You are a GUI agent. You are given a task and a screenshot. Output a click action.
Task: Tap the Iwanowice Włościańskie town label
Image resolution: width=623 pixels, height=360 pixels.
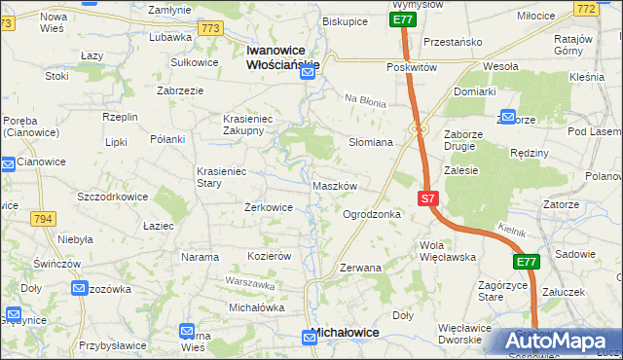[x=283, y=57]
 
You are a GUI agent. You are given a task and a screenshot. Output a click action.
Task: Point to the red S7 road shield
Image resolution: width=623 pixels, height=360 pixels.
[x=428, y=198]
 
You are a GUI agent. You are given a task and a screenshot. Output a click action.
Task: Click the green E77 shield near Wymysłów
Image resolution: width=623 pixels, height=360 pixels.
[x=404, y=18]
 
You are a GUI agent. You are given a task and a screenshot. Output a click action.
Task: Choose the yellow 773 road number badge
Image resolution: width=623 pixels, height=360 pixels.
[x=209, y=29]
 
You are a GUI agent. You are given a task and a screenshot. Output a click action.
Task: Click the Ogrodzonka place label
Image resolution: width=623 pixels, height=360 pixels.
[x=372, y=214]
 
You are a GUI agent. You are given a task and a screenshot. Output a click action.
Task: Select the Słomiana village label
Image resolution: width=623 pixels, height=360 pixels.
[x=371, y=142]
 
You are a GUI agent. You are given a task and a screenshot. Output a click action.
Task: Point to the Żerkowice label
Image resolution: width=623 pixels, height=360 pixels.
[x=269, y=207]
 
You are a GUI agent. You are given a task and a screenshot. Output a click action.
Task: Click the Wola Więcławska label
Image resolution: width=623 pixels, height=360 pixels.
[x=446, y=251]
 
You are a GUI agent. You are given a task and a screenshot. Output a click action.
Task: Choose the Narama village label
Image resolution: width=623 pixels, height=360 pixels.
[x=201, y=257]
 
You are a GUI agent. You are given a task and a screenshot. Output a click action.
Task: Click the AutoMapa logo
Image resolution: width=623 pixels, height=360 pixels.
[x=558, y=342]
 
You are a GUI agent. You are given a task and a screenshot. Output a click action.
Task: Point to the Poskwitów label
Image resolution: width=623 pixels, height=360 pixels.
[x=411, y=67]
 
